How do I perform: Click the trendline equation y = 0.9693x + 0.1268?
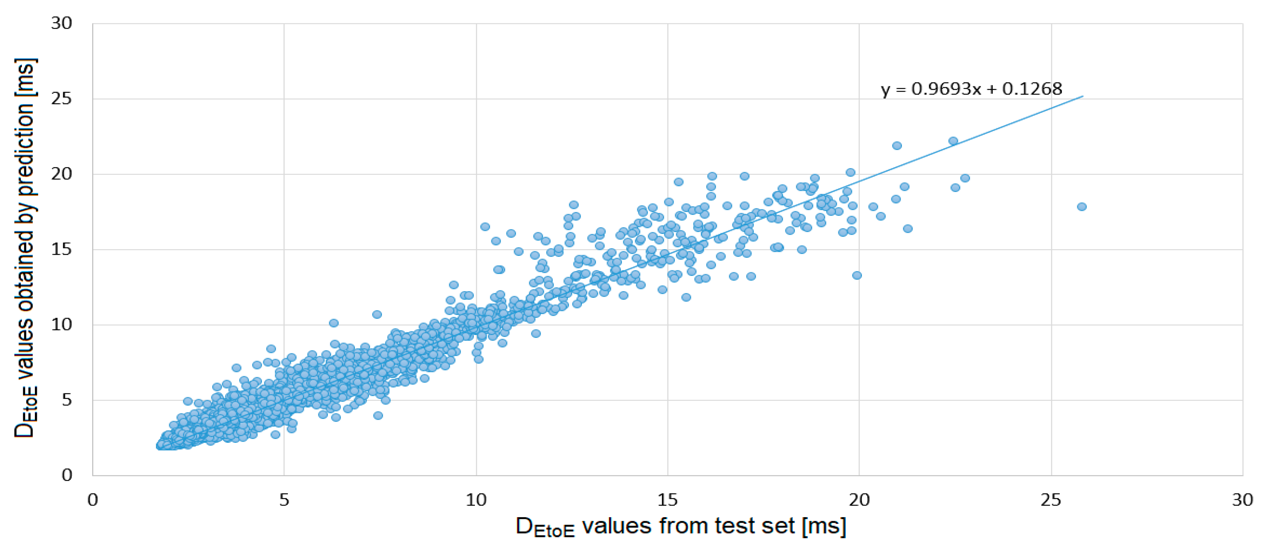[971, 89]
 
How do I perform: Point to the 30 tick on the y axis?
[62, 23]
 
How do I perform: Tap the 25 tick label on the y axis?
[62, 99]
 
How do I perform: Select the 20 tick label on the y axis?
[62, 174]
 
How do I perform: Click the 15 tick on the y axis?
[62, 250]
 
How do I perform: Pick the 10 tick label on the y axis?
[62, 325]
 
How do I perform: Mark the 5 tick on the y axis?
[67, 400]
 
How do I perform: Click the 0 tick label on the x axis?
[93, 500]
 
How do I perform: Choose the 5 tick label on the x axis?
[284, 500]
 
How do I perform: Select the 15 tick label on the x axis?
[668, 500]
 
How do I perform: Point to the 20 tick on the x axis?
[859, 500]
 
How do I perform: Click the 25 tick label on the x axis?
[1051, 500]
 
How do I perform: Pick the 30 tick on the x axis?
[1242, 500]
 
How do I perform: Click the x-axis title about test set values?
[680, 527]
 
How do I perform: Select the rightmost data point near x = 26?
[1081, 206]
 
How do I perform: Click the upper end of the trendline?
[1083, 96]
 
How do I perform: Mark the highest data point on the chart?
[953, 141]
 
